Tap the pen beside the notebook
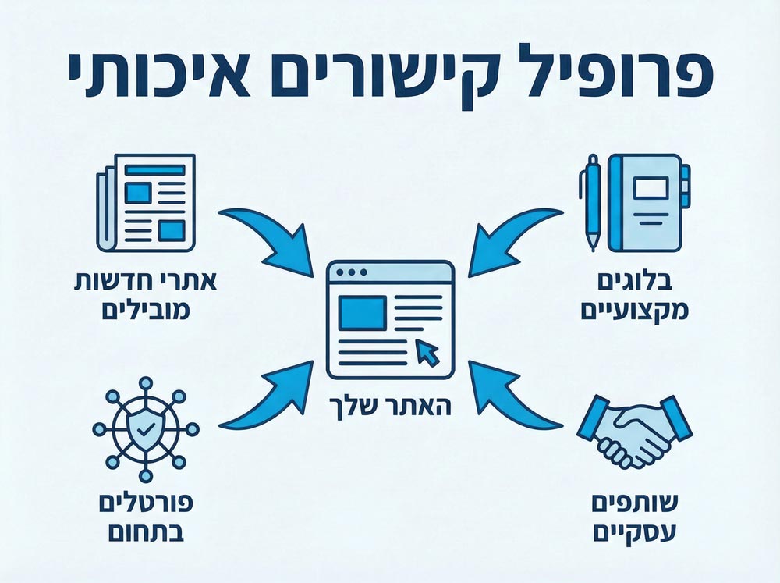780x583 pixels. click(x=590, y=198)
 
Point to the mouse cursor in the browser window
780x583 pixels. click(x=427, y=353)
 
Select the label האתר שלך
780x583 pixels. click(x=391, y=407)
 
